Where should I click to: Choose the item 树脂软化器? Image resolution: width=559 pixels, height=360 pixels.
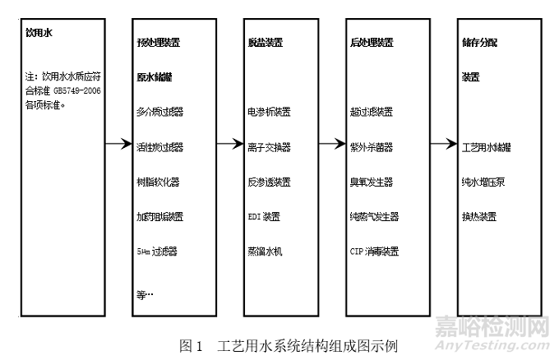coord(157,182)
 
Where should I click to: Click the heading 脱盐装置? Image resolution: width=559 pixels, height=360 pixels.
coord(264,41)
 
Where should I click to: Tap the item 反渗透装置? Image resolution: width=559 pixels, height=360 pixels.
coord(269,182)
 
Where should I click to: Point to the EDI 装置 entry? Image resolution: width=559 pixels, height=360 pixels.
coord(263,217)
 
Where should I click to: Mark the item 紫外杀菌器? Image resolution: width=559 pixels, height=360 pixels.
coord(371,146)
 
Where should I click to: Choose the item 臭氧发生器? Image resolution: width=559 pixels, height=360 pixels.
coord(371,182)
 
